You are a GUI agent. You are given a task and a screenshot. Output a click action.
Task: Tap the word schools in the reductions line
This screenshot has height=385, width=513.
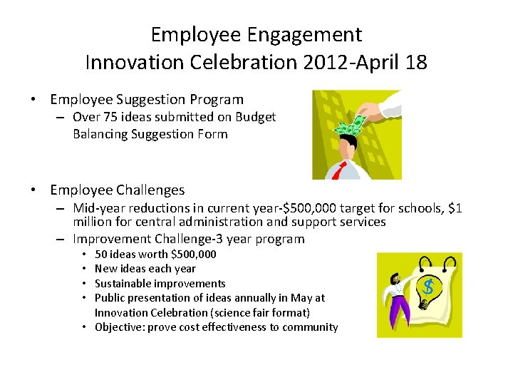tap(414, 208)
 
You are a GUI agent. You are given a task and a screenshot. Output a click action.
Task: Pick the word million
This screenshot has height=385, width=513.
tap(93, 222)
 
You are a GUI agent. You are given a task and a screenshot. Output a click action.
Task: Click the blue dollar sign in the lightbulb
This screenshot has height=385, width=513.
tap(428, 287)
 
